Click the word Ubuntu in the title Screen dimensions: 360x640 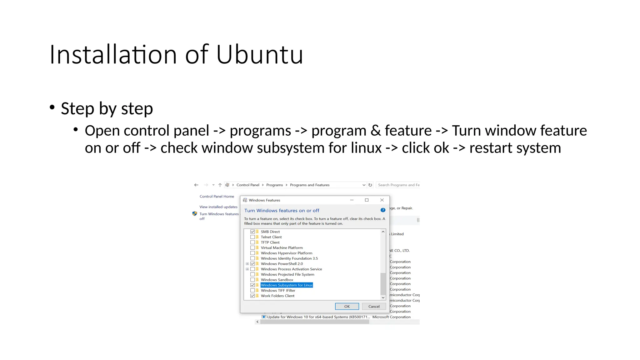click(x=259, y=55)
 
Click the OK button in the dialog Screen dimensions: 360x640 click(x=347, y=306)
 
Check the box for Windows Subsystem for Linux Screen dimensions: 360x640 click(x=252, y=285)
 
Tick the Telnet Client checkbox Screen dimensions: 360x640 click(x=252, y=237)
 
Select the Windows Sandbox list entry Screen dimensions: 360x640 click(x=277, y=280)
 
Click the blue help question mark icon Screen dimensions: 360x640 click(x=383, y=210)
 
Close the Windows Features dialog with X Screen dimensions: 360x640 click(x=382, y=200)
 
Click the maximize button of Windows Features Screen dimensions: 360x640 click(x=367, y=200)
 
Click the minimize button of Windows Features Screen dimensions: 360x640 click(x=352, y=200)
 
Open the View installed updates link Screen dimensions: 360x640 click(x=218, y=207)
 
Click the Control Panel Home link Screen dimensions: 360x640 click(x=217, y=196)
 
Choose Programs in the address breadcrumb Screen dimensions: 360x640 click(x=274, y=185)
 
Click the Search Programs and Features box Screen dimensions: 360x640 click(x=398, y=185)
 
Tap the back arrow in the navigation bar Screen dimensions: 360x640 click(x=196, y=185)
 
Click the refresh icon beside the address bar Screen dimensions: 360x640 click(x=370, y=185)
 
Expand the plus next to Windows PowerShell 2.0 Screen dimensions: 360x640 click(x=247, y=264)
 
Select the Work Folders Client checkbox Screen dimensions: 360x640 click(x=252, y=296)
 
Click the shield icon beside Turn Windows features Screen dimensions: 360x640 click(x=195, y=214)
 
